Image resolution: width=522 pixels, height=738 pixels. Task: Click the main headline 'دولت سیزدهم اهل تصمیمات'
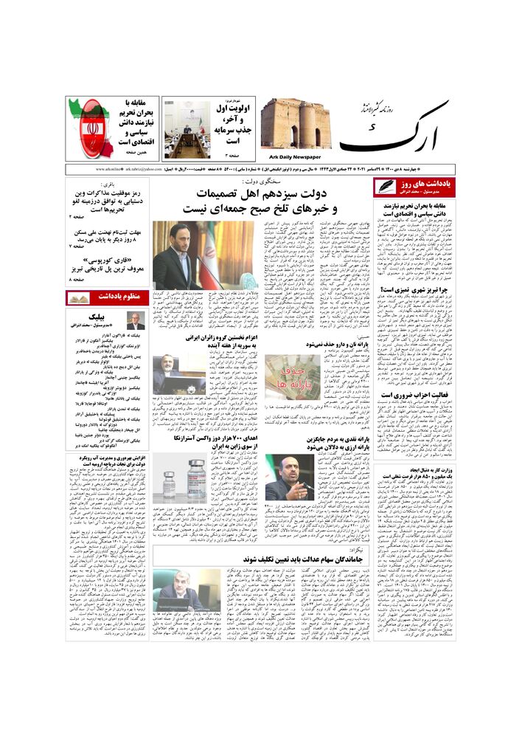[x=264, y=194]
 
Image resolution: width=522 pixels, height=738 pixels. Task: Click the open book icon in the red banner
[x=79, y=297]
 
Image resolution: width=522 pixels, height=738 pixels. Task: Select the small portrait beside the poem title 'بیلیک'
[x=135, y=321]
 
